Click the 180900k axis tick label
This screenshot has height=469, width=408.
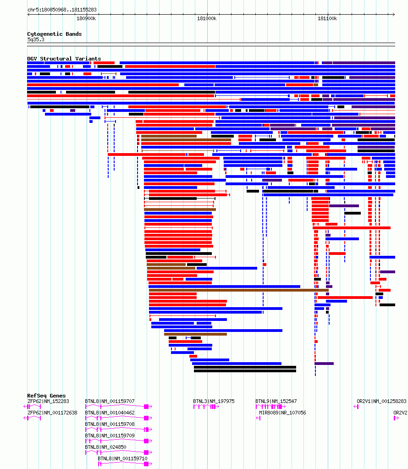coord(86,18)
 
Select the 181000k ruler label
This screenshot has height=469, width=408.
coord(207,18)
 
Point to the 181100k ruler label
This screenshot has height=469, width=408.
coord(327,18)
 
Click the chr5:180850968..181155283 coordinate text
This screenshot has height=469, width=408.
coord(62,10)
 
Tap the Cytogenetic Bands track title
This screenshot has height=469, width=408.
coord(55,34)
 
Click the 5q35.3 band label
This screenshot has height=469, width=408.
coord(36,39)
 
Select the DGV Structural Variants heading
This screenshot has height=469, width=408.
coord(64,59)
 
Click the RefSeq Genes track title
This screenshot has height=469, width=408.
coord(46,396)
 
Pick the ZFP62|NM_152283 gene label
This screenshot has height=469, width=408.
coord(48,402)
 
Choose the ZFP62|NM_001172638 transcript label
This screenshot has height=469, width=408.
coord(52,413)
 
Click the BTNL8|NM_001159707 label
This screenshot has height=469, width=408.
coord(110,402)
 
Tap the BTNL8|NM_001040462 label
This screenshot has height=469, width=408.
coord(110,413)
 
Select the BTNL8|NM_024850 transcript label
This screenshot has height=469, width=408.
coord(105,447)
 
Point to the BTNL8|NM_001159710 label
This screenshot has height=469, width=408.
coord(123,458)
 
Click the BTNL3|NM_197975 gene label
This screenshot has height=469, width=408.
coord(214,402)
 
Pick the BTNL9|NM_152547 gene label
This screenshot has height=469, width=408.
coord(276,402)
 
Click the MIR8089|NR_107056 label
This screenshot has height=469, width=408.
coord(282,413)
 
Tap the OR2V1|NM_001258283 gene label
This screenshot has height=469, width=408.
coord(381,402)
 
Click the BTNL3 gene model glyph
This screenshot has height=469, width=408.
coord(206,407)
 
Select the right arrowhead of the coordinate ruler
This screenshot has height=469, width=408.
coord(394,14)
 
